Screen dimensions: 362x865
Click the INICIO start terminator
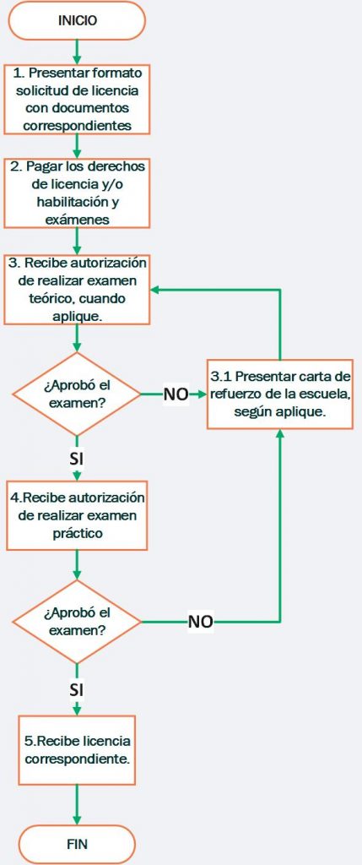click(77, 20)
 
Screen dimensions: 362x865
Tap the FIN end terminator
click(77, 844)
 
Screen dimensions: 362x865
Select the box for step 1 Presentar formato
click(77, 99)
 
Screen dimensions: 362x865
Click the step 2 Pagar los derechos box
click(77, 193)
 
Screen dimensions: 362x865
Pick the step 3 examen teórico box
click(77, 289)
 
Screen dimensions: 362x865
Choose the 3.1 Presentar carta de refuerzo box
click(280, 394)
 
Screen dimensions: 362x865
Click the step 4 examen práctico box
click(77, 514)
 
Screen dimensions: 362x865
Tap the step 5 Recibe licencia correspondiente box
click(77, 750)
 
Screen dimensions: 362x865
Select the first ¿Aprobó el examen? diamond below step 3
click(77, 394)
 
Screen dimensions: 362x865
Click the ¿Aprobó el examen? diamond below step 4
click(77, 622)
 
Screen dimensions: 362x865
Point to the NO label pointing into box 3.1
click(176, 394)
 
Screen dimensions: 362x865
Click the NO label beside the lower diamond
click(201, 622)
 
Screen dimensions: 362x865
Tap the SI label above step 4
click(77, 459)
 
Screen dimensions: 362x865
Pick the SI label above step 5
click(77, 689)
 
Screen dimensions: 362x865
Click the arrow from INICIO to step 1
click(77, 52)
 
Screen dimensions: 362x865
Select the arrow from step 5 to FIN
click(77, 805)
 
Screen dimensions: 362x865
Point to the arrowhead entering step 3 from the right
click(156, 289)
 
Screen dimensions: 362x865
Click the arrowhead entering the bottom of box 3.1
click(280, 434)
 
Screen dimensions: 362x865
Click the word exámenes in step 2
click(77, 219)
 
